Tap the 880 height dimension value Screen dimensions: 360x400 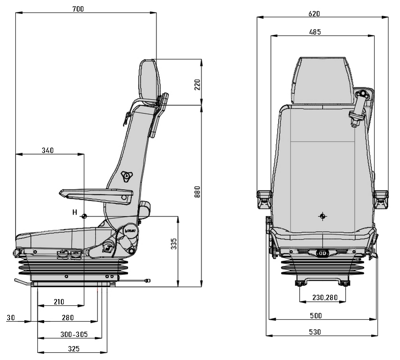(196, 191)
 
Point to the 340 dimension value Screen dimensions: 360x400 (47, 150)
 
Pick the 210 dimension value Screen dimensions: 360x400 (59, 302)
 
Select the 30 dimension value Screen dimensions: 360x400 (11, 317)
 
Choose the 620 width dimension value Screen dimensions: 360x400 (314, 14)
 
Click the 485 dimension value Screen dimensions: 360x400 (315, 32)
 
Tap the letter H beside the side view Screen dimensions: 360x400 (74, 212)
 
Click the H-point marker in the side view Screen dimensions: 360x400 (84, 216)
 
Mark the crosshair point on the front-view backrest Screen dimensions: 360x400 (323, 216)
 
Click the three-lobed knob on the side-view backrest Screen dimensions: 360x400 (126, 176)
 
